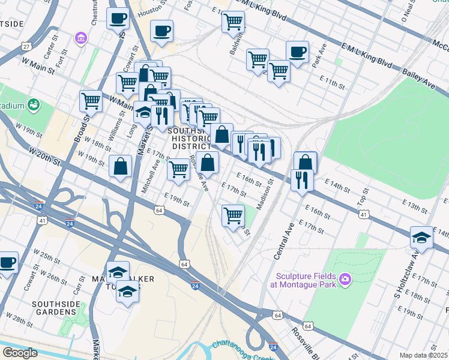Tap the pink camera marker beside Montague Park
(x=345, y=279)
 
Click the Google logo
(x=20, y=353)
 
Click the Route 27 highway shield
(x=25, y=46)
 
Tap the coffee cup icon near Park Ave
(x=297, y=52)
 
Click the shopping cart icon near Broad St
(x=91, y=100)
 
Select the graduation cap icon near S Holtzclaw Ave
(x=421, y=237)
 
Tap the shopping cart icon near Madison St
(x=233, y=215)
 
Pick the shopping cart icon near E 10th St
(x=233, y=22)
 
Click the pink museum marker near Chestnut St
(x=80, y=39)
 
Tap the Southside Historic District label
(x=189, y=139)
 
